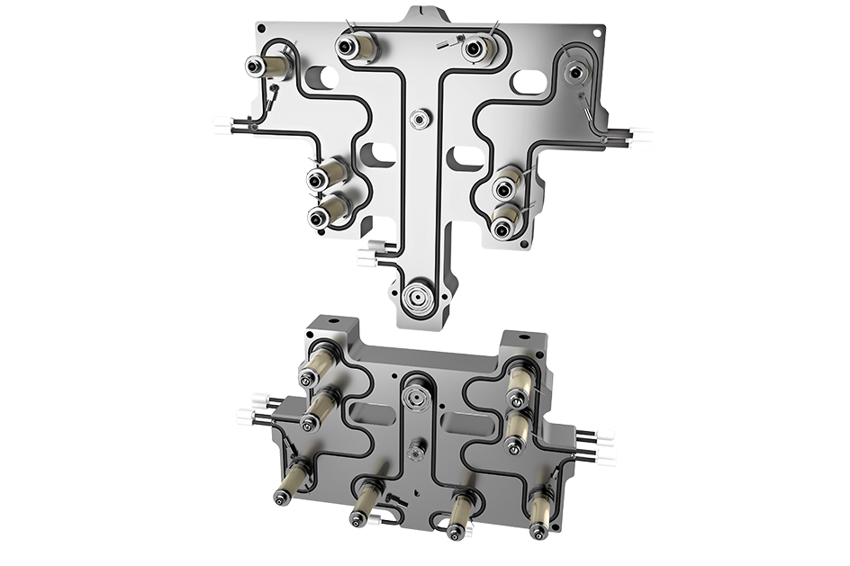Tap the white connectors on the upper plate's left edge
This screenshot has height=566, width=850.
pyautogui.click(x=222, y=125)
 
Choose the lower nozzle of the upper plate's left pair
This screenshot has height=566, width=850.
pyautogui.click(x=317, y=217)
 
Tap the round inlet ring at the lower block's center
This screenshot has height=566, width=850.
pyautogui.click(x=416, y=392)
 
